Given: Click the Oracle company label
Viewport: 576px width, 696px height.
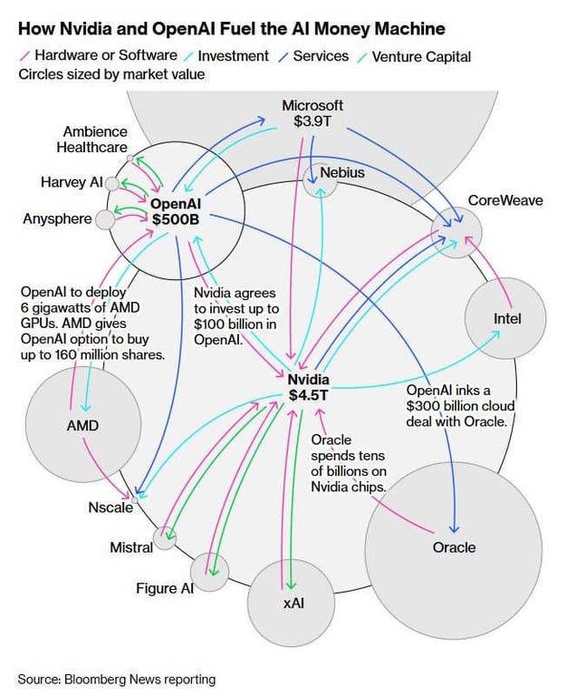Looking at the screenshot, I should point(454,547).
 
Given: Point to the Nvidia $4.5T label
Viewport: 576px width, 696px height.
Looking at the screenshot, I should point(309,387).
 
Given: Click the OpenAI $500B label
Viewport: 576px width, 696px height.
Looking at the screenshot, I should point(176,211).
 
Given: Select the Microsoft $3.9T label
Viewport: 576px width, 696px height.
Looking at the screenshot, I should point(312,113).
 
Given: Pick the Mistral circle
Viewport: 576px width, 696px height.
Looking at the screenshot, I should point(165,538).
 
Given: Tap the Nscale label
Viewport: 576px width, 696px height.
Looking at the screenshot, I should point(110,507).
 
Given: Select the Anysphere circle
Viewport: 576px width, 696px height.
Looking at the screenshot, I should point(105,218).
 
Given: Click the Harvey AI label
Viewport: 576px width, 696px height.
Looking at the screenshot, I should point(72,182).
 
